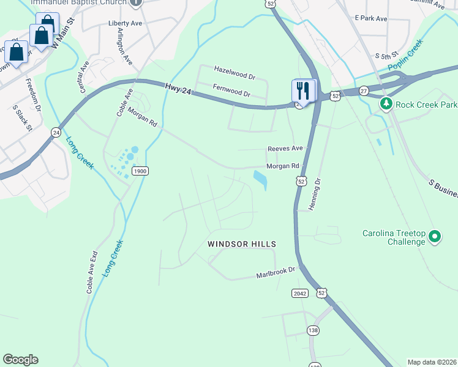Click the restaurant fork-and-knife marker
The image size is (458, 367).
303,91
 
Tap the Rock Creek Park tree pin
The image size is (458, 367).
386,105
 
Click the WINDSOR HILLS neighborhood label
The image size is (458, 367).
242,244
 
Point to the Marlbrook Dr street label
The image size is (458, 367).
276,273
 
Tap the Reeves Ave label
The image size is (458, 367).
285,149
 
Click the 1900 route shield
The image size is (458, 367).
139,171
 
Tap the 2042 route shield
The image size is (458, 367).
299,293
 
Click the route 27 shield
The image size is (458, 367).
364,91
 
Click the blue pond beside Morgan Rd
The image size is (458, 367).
260,180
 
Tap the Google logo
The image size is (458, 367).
20,360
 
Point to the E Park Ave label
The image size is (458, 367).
371,18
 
